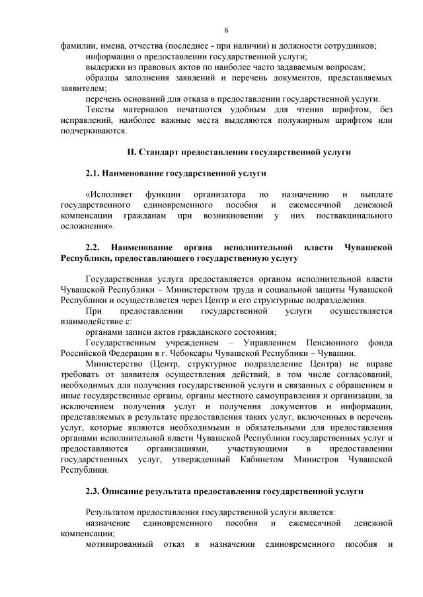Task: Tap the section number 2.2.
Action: click(x=96, y=247)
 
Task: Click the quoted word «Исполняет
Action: click(x=109, y=195)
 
